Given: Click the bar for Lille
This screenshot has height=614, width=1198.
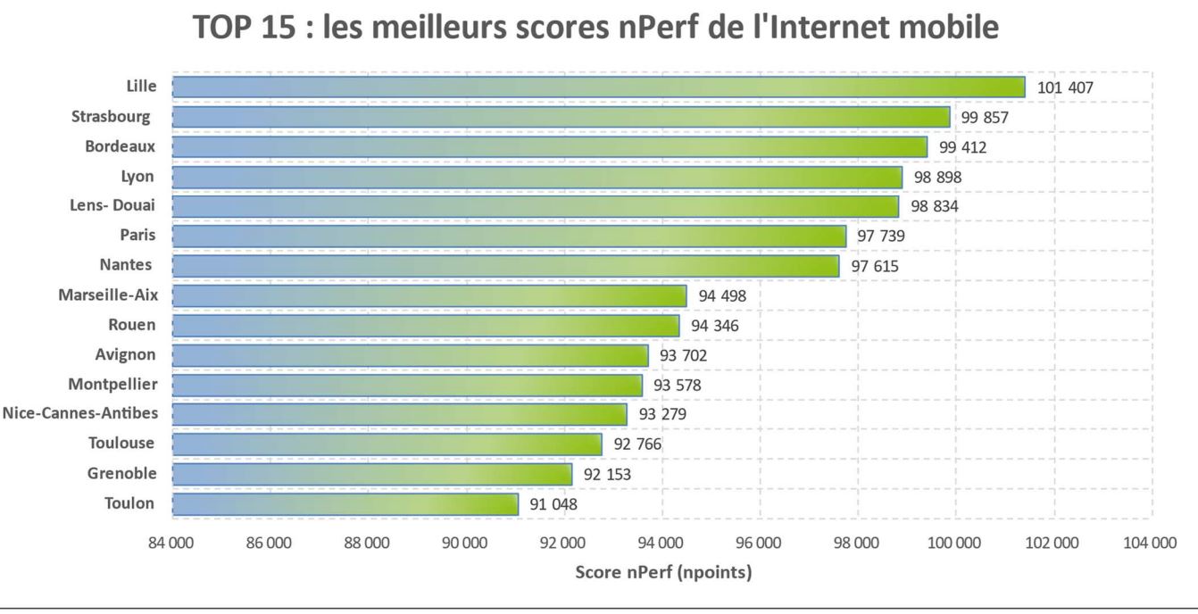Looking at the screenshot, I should pyautogui.click(x=598, y=87).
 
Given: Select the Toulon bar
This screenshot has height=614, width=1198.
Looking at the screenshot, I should pyautogui.click(x=345, y=504).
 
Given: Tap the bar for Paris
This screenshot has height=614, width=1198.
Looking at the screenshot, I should pyautogui.click(x=509, y=236).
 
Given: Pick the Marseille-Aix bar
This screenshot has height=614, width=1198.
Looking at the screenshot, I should pyautogui.click(x=428, y=295).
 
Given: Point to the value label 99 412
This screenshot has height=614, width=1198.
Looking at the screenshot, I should pyautogui.click(x=962, y=147).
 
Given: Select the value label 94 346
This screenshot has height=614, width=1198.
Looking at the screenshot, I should pyautogui.click(x=714, y=326).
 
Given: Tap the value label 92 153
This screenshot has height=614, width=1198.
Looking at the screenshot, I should pyautogui.click(x=606, y=475).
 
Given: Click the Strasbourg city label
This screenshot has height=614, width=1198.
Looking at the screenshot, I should pyautogui.click(x=111, y=116).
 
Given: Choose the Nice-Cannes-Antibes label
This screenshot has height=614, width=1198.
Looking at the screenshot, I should pyautogui.click(x=79, y=413).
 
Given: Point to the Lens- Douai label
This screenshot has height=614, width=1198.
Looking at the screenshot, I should pyautogui.click(x=112, y=205).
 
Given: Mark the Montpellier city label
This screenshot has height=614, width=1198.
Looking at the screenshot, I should pyautogui.click(x=112, y=384).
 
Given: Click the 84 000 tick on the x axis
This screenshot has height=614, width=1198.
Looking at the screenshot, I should pyautogui.click(x=171, y=543).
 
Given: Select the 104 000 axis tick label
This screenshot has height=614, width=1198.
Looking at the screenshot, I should pyautogui.click(x=1151, y=543).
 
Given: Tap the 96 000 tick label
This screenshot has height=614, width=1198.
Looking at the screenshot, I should pyautogui.click(x=759, y=543).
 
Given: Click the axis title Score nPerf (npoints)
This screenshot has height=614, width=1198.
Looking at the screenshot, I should pyautogui.click(x=663, y=572).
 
